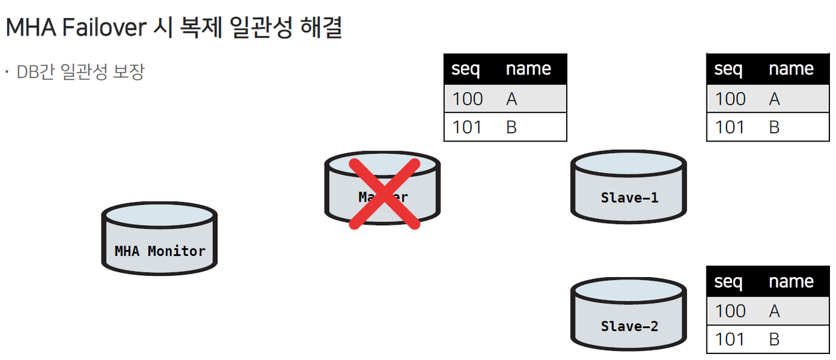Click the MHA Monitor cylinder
pyautogui.click(x=159, y=240)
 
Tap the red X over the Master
pyautogui.click(x=384, y=194)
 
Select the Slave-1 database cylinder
pyautogui.click(x=629, y=187)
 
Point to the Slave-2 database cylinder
pyautogui.click(x=629, y=315)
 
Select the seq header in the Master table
pyautogui.click(x=466, y=69)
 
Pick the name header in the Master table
pyautogui.click(x=528, y=69)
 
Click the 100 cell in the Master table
pyautogui.click(x=468, y=99)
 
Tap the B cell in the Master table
pyautogui.click(x=511, y=127)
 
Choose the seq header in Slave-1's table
pyautogui.click(x=728, y=69)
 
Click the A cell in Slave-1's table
pyautogui.click(x=774, y=99)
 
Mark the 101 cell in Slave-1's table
pyautogui.click(x=730, y=127)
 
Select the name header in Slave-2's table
pyautogui.click(x=791, y=281)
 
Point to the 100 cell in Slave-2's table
pyautogui.click(x=730, y=311)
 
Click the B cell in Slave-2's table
pyautogui.click(x=774, y=339)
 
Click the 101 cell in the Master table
pyautogui.click(x=468, y=127)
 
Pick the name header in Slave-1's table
pyautogui.click(x=791, y=69)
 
